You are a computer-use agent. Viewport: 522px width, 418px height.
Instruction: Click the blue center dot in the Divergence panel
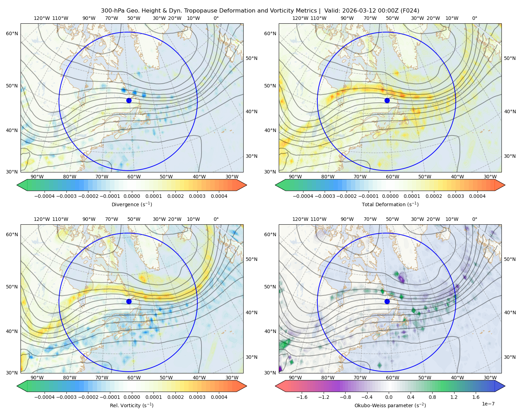coord(129,100)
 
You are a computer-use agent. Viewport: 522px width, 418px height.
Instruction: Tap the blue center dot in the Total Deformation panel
coord(387,100)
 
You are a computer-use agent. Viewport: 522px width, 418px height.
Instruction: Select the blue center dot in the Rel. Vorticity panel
coord(129,301)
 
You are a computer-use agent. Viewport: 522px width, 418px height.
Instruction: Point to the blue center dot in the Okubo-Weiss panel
coord(387,301)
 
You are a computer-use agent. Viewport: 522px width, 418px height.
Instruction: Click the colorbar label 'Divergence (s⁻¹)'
coord(132,204)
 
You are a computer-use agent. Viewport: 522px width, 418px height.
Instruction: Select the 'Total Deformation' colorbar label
coord(390,204)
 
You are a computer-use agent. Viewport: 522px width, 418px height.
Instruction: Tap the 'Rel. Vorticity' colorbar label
coord(132,405)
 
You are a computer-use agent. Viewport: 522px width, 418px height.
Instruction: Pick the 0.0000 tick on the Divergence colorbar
coord(132,196)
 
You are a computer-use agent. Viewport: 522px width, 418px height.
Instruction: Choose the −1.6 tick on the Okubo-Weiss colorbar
coord(302,397)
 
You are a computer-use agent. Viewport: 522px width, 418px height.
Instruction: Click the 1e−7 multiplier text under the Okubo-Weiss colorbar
coord(488,404)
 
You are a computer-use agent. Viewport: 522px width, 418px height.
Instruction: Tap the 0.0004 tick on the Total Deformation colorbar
coord(477,196)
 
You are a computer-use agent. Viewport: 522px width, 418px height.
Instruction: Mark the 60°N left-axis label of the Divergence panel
coord(12,33)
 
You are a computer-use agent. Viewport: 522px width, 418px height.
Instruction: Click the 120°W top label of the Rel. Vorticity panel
coord(42,219)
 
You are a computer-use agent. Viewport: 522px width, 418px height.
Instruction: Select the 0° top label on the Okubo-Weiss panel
coord(474,219)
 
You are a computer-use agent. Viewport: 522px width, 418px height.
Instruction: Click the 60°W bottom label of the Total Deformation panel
coord(393,177)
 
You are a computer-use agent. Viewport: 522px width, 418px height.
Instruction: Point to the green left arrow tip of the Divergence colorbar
coord(17,185)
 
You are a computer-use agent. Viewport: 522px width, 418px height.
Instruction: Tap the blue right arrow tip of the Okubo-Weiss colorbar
coord(505,386)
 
